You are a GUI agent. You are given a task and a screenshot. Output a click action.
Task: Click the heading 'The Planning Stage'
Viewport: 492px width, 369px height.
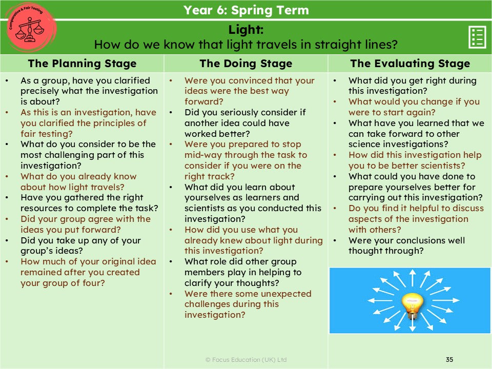pos(82,64)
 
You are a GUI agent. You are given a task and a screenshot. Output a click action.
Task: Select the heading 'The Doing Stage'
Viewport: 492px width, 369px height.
pos(246,64)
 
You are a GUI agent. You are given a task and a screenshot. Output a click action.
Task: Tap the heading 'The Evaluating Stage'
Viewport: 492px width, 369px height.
pos(410,64)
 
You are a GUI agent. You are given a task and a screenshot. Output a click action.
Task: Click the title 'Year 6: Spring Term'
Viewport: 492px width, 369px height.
pos(246,10)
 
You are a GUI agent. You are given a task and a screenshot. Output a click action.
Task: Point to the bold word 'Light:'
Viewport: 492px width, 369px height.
pos(246,30)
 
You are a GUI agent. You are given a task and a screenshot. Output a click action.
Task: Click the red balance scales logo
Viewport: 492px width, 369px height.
pos(30,28)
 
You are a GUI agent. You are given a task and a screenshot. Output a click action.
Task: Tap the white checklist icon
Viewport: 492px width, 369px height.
pos(477,37)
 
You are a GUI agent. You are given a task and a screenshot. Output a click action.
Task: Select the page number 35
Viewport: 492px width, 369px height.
pos(449,359)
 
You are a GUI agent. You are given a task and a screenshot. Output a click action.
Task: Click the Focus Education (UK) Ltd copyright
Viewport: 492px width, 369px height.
pos(246,360)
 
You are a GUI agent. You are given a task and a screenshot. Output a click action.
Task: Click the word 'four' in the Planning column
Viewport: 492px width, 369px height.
pos(93,283)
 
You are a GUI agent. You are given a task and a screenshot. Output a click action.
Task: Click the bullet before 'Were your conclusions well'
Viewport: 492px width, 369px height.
pos(335,241)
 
